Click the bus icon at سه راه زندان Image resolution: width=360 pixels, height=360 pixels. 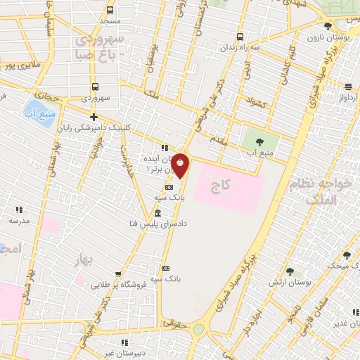240,37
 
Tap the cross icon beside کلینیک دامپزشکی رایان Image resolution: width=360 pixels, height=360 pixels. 94,117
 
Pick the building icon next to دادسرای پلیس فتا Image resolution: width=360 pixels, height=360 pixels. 157,213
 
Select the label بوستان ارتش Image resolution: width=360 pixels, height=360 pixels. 285,282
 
